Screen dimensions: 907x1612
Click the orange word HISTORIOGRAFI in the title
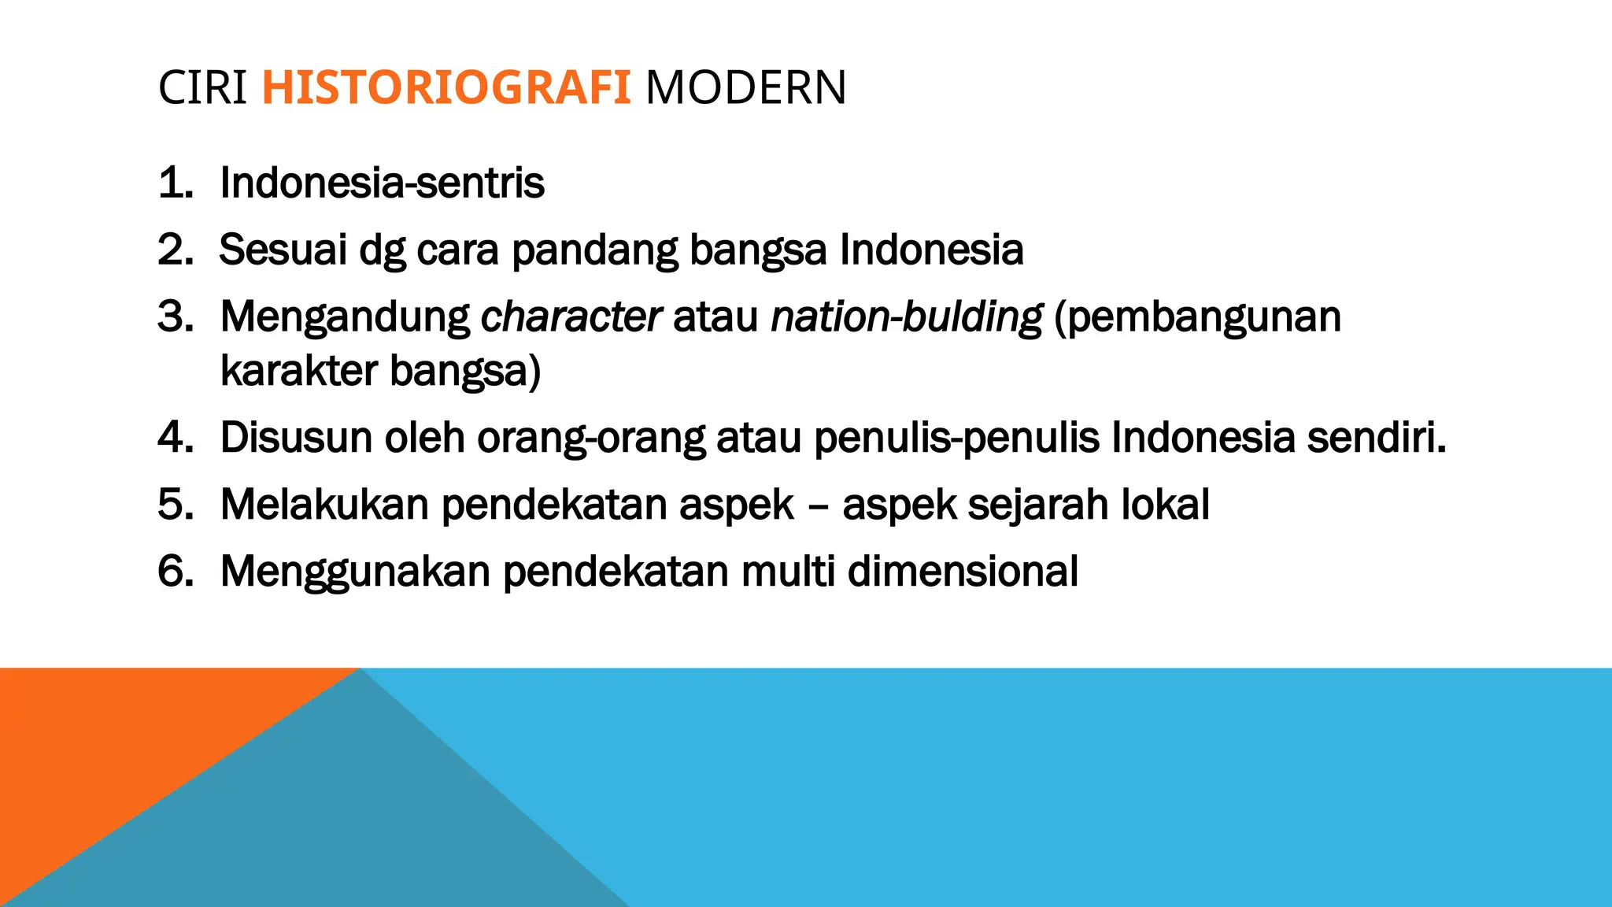(x=446, y=87)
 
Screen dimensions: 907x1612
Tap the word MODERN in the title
(x=745, y=87)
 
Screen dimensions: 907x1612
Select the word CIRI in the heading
(x=202, y=87)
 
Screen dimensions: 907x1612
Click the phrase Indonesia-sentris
(x=382, y=183)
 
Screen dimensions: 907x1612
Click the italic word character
(x=571, y=317)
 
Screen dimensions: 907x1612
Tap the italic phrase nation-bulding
(x=906, y=317)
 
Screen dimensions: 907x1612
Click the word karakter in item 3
(x=299, y=370)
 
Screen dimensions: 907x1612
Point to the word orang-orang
(x=591, y=438)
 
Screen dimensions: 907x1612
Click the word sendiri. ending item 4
(x=1377, y=438)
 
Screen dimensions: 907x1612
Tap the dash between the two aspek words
(x=818, y=505)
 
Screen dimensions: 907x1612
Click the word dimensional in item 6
(x=963, y=571)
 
